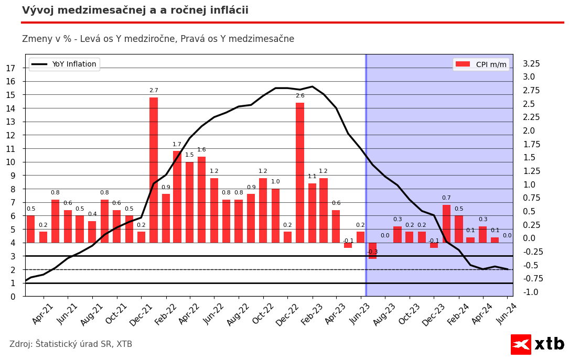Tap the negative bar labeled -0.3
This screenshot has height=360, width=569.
coord(372,250)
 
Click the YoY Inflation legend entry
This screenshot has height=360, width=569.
coord(64,64)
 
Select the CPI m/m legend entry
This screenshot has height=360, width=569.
coord(481,64)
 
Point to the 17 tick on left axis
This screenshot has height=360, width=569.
coord(10,68)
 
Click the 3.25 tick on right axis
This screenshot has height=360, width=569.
coord(531,64)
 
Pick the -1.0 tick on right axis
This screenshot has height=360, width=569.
coord(530,292)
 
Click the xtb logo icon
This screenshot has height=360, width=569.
coord(521,344)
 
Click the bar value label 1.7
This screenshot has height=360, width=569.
coord(177,145)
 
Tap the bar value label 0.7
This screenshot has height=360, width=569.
coord(446,198)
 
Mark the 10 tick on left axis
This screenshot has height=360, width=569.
coord(10,162)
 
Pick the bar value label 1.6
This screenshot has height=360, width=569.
coord(201,150)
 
